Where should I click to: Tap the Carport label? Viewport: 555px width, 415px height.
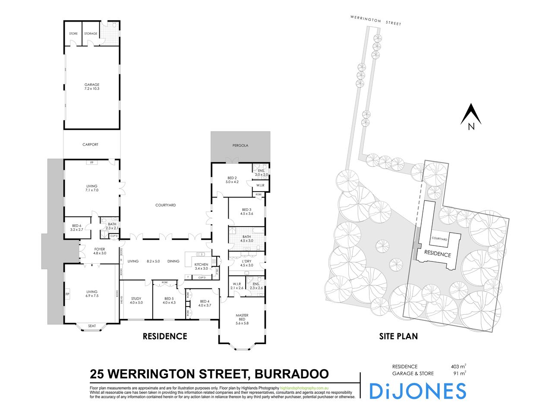tap(90, 145)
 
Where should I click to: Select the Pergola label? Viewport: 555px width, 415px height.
tap(241, 146)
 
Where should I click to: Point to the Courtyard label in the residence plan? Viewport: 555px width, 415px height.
tap(165, 205)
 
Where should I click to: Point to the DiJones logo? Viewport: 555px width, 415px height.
tap(417, 391)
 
